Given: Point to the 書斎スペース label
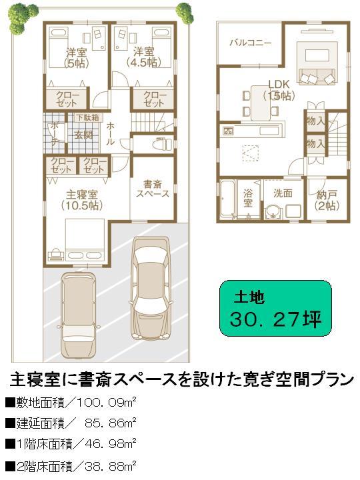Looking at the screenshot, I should coord(152,188).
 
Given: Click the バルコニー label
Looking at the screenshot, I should coord(250,43).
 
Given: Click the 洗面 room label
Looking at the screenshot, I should coord(283,193).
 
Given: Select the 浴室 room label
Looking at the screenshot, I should coord(247,197).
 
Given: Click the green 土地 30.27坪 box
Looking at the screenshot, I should coord(275,308).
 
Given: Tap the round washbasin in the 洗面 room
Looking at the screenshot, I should coord(272,213).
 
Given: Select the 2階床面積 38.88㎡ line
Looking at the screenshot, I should coord(71,464).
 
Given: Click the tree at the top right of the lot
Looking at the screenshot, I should coord(183,11).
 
